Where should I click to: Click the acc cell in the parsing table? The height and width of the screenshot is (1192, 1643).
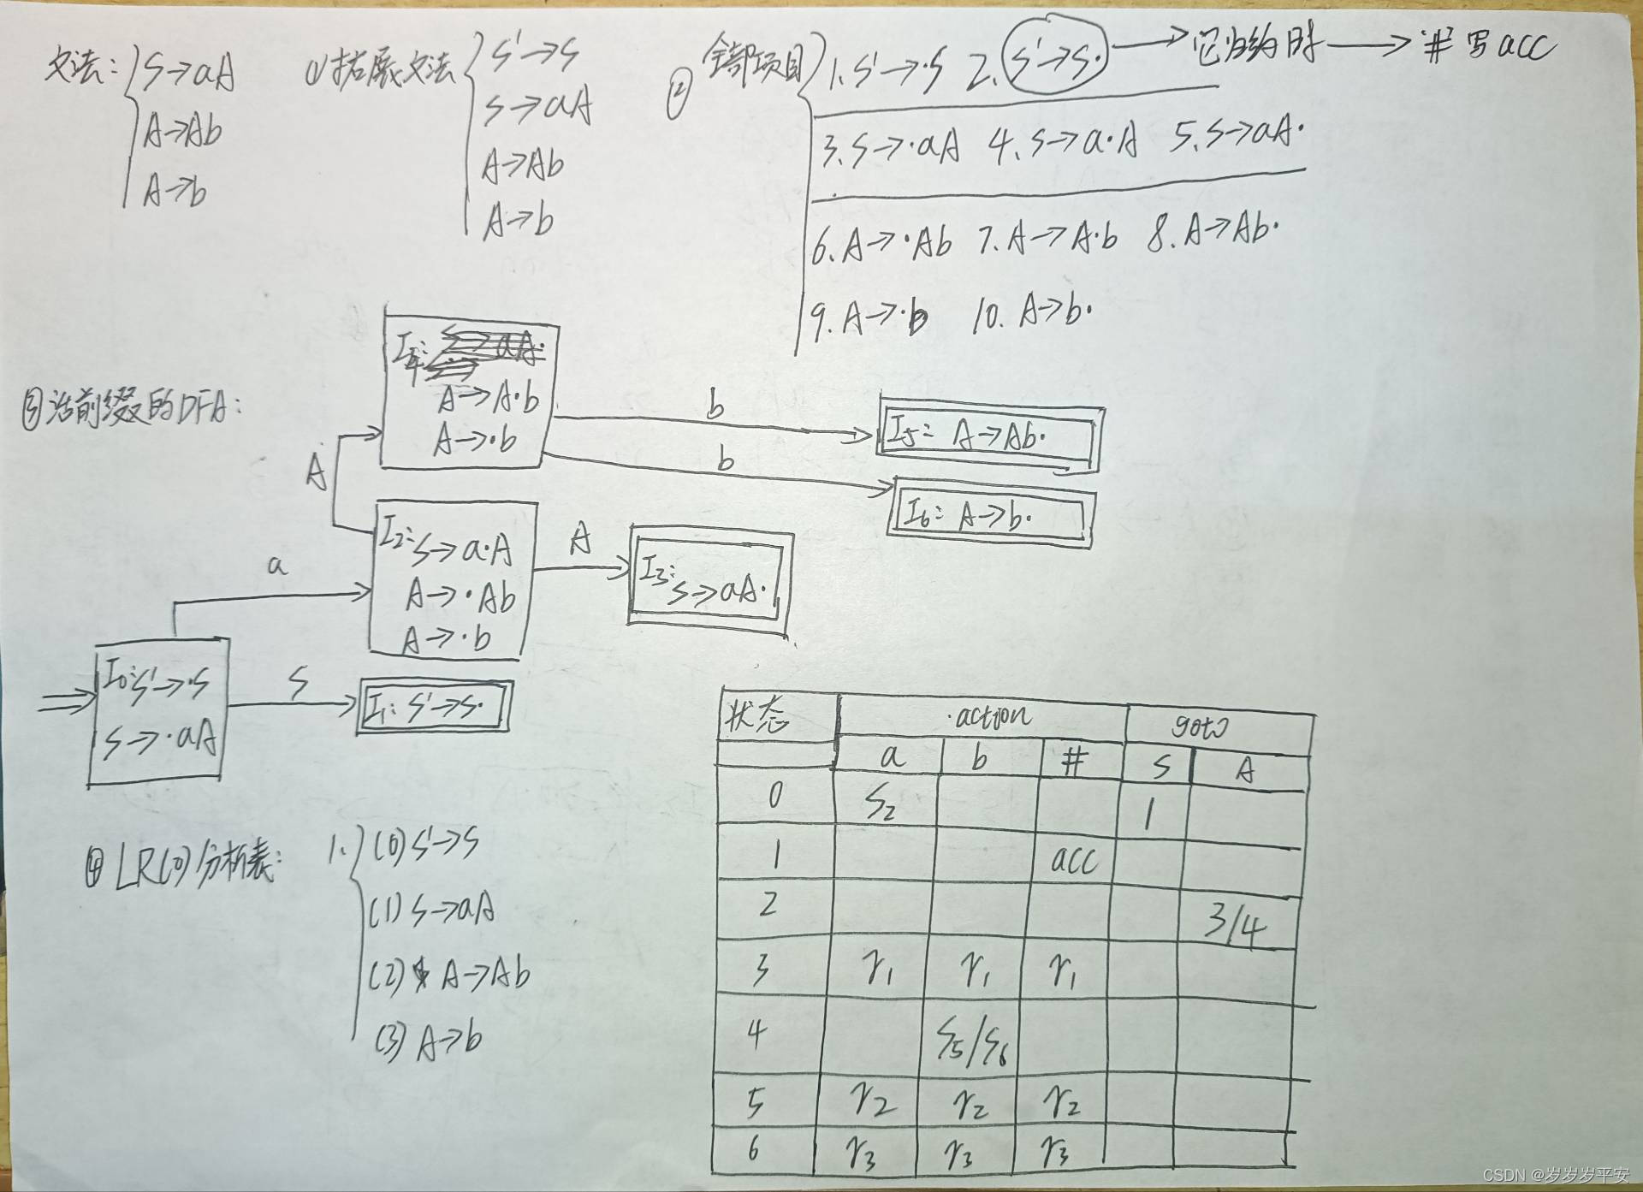point(1073,859)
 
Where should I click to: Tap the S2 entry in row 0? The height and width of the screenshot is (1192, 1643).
point(881,803)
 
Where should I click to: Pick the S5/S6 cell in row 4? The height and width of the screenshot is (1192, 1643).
point(972,1039)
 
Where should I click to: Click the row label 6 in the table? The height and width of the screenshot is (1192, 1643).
point(753,1148)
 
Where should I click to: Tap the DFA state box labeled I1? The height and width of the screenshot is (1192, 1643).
point(434,708)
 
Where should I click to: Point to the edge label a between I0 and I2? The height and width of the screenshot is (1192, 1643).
point(276,566)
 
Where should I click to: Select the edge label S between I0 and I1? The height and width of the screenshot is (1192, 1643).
point(298,685)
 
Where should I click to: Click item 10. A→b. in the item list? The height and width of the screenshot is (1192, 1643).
point(1032,315)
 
